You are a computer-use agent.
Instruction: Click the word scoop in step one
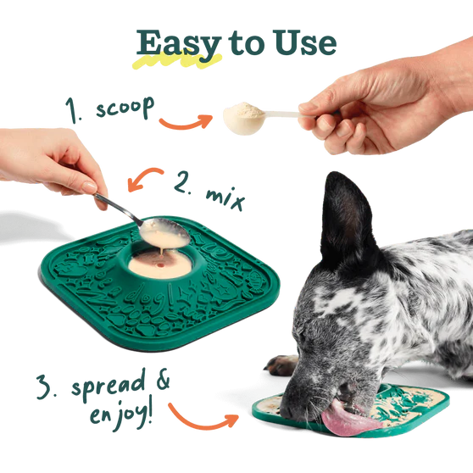[x=123, y=109]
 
